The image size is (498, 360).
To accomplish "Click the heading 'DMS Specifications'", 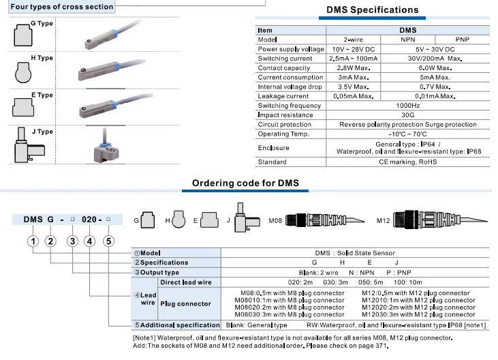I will pos(372,10).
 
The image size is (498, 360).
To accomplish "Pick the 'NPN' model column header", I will pos(407,40).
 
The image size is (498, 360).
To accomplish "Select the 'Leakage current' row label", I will pos(283,96).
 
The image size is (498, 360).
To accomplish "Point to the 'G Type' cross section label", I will pos(42,24).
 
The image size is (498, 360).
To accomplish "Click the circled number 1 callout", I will pos(32,241).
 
